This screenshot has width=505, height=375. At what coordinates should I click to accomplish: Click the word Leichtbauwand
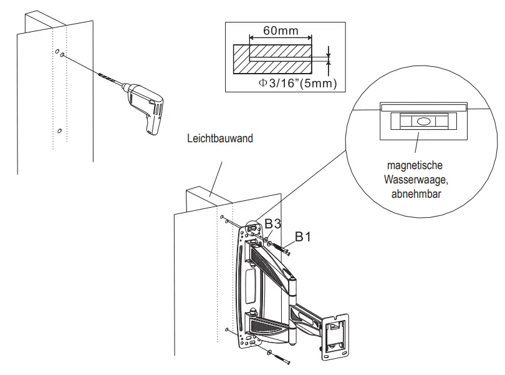click(x=220, y=139)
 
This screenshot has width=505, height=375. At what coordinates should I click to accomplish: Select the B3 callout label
click(x=274, y=224)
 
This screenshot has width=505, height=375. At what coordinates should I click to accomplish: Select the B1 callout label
click(x=304, y=236)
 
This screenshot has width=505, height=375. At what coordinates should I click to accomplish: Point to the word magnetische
click(x=415, y=167)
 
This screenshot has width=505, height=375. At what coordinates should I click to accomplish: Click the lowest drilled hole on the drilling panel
click(x=59, y=131)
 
